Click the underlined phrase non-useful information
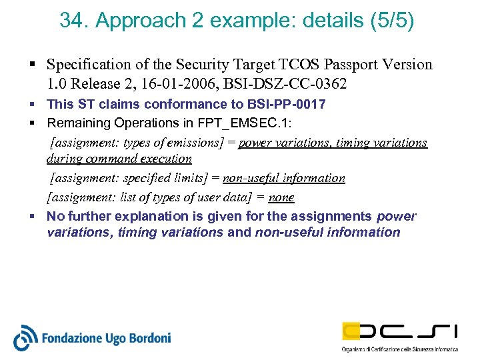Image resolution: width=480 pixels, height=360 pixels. coord(283,178)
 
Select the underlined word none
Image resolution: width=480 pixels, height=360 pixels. coord(281,197)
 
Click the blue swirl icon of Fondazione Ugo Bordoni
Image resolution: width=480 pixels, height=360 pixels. coord(25,337)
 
